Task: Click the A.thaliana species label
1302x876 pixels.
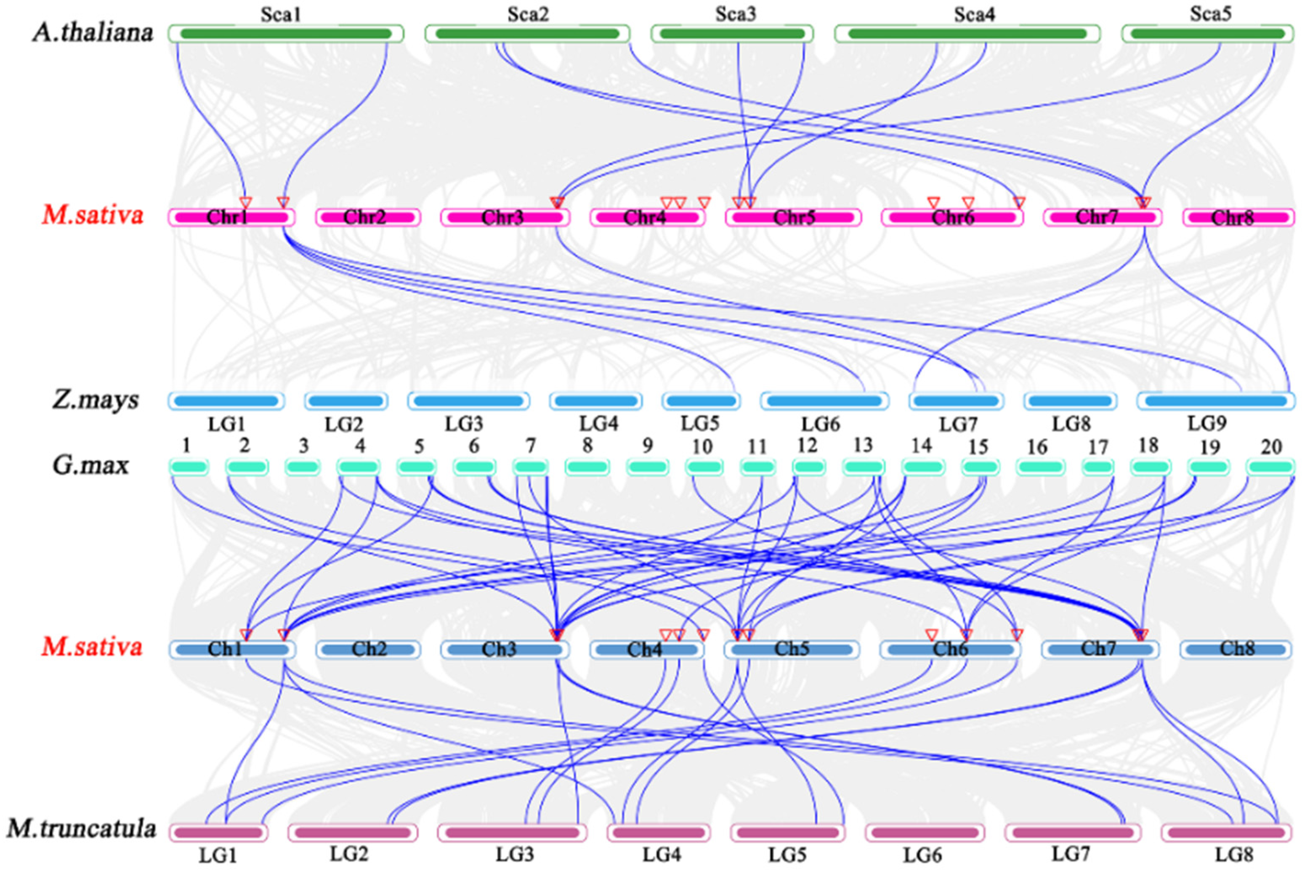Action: click(x=93, y=32)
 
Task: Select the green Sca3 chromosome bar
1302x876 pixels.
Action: click(x=732, y=34)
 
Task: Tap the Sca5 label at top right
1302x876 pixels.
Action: click(x=1210, y=13)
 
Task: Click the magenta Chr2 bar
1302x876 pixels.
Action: click(x=368, y=218)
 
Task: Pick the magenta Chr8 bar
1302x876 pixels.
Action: click(x=1238, y=218)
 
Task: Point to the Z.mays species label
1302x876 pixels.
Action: click(x=95, y=400)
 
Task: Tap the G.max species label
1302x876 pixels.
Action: click(x=90, y=465)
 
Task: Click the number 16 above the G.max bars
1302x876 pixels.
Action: click(x=1037, y=447)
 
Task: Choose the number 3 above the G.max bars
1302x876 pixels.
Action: click(x=303, y=446)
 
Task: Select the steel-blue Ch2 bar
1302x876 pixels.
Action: click(x=368, y=649)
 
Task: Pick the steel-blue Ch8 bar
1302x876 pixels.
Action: click(x=1236, y=649)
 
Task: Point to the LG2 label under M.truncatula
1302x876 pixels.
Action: click(x=349, y=854)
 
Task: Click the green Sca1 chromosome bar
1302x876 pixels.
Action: click(x=286, y=34)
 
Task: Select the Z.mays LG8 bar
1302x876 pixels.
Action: click(x=1070, y=401)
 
